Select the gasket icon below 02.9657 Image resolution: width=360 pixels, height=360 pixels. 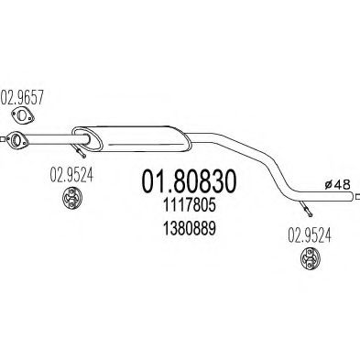(23, 115)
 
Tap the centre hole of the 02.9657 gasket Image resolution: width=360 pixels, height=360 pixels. (23, 115)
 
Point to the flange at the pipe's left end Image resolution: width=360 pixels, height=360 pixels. (15, 140)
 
